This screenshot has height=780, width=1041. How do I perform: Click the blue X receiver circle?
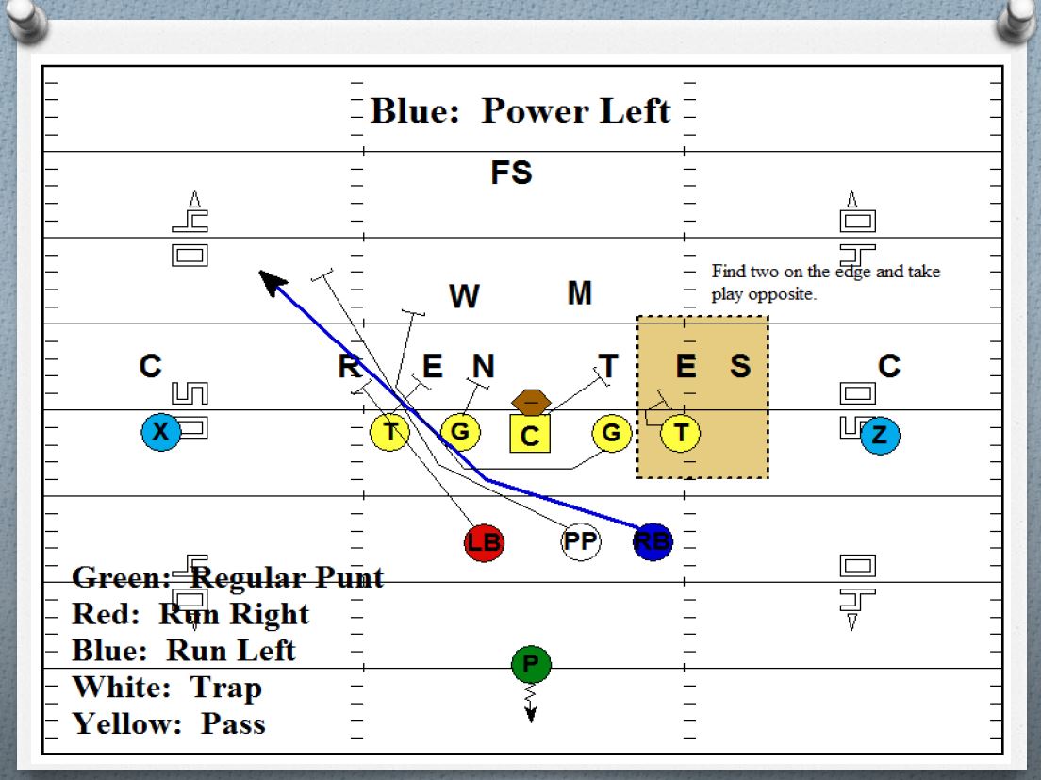(161, 433)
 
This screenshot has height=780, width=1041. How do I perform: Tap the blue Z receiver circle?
(880, 435)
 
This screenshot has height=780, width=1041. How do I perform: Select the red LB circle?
(485, 542)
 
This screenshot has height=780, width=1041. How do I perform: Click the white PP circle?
(581, 541)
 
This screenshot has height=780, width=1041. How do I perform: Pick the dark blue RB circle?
(653, 541)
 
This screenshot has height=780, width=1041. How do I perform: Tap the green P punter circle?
(531, 665)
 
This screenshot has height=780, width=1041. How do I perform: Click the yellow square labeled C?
(530, 435)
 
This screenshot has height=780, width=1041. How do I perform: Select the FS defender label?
(511, 174)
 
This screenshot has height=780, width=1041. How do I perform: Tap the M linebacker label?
(580, 293)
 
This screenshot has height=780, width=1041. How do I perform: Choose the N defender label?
(483, 366)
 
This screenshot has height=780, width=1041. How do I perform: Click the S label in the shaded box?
(740, 366)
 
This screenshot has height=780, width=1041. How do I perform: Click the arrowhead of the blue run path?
(271, 282)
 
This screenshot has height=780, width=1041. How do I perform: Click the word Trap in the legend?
(226, 688)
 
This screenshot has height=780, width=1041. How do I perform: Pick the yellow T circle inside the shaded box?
(680, 433)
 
